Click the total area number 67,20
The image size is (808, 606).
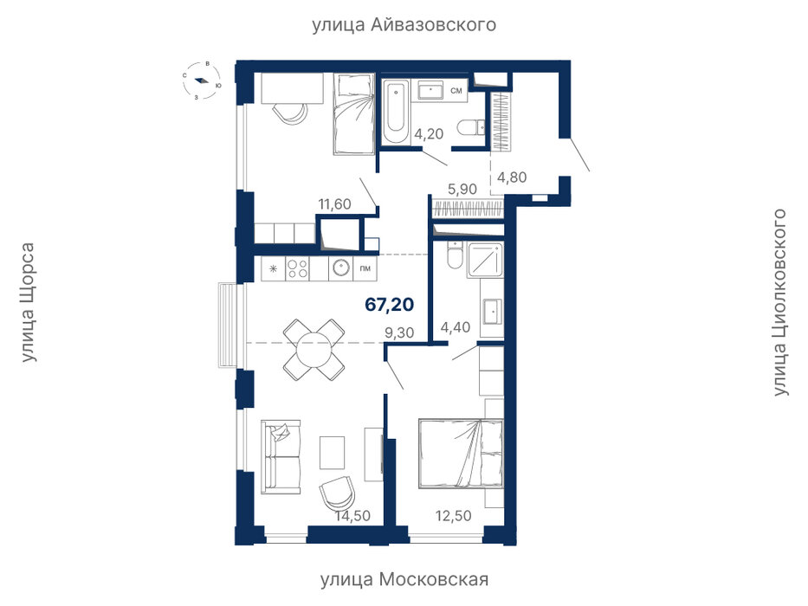pyautogui.click(x=389, y=305)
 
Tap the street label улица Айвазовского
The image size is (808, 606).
pyautogui.click(x=404, y=25)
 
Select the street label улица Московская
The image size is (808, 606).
pyautogui.click(x=404, y=579)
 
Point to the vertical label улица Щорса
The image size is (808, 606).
pyautogui.click(x=29, y=302)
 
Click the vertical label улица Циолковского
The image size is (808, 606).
pyautogui.click(x=780, y=302)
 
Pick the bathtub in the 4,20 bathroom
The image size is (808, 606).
pyautogui.click(x=396, y=112)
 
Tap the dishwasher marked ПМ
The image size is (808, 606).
pyautogui.click(x=365, y=268)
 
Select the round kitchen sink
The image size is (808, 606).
pyautogui.click(x=340, y=268)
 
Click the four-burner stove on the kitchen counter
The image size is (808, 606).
pyautogui.click(x=297, y=268)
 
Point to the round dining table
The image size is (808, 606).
pyautogui.click(x=314, y=350)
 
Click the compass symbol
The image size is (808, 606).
pyautogui.click(x=202, y=81)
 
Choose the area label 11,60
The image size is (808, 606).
pyautogui.click(x=334, y=204)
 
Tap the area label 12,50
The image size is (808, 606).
pyautogui.click(x=454, y=515)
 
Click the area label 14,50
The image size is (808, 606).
pyautogui.click(x=353, y=515)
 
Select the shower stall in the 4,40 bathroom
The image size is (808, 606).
pyautogui.click(x=484, y=261)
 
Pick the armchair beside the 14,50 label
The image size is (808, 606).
pyautogui.click(x=337, y=492)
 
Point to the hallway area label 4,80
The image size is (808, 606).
pyautogui.click(x=512, y=177)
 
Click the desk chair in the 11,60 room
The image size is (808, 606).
pyautogui.click(x=289, y=112)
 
